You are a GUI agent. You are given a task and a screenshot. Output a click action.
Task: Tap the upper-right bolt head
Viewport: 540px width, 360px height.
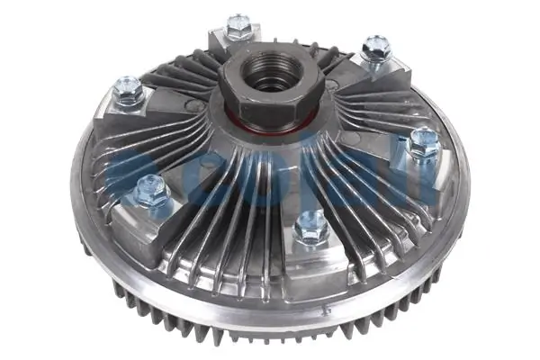pyautogui.click(x=375, y=47)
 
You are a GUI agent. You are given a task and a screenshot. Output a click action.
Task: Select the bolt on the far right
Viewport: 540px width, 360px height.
pyautogui.click(x=423, y=140)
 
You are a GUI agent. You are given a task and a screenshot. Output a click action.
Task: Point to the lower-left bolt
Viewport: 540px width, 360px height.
pyautogui.click(x=149, y=190)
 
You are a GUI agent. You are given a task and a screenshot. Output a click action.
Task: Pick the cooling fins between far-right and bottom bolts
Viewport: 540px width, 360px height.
pyautogui.click(x=369, y=202)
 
